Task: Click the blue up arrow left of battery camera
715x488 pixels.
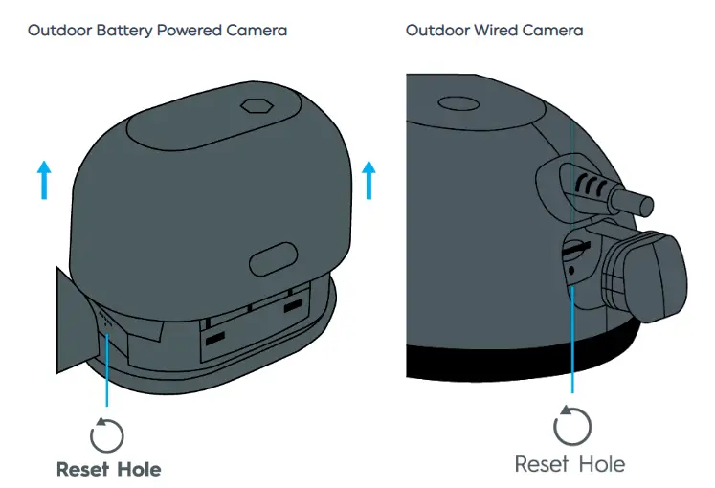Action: (43, 180)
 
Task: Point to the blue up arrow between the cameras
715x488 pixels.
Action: (369, 180)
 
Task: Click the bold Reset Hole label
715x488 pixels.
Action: (108, 469)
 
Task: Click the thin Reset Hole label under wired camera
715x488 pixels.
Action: (570, 464)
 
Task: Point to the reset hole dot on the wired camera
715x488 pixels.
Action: (571, 271)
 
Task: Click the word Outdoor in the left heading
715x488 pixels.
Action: (54, 31)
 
